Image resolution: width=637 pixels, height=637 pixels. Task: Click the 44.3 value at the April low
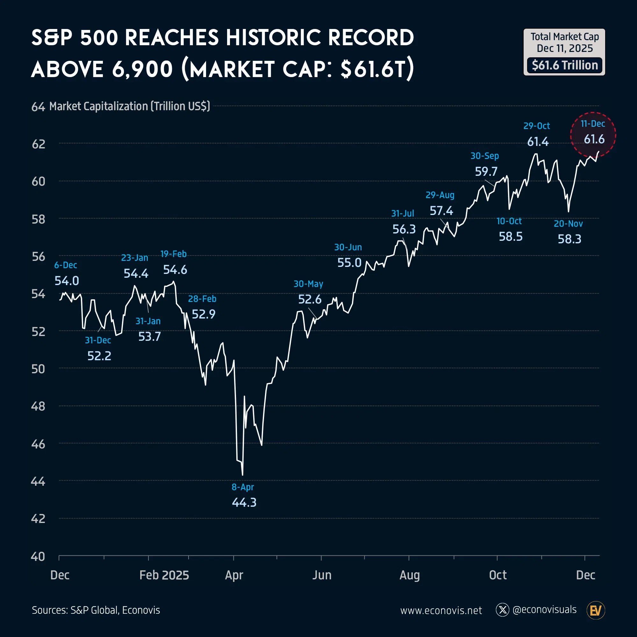[244, 503]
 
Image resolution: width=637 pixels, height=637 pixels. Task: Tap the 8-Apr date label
[243, 487]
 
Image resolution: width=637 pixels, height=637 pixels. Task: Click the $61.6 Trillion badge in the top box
[564, 65]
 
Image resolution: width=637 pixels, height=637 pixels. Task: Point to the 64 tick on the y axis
[38, 107]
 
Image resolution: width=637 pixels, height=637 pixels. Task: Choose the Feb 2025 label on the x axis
[164, 575]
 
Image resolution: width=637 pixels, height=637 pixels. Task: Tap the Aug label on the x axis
[410, 575]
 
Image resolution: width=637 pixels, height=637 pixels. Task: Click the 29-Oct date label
[536, 126]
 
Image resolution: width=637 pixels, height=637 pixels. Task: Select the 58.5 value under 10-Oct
[510, 237]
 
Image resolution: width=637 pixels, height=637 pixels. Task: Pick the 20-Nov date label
[568, 224]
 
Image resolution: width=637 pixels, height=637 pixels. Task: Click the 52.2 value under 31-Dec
[99, 356]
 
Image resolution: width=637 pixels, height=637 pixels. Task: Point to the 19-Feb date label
[174, 254]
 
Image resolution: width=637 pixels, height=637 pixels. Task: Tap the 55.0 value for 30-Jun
[349, 263]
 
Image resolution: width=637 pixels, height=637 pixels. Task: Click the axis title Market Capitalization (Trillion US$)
[130, 106]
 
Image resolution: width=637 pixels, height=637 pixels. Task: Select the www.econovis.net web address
[441, 611]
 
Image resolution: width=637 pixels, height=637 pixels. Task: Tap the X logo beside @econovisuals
[503, 610]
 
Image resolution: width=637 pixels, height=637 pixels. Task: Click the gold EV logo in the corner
[596, 611]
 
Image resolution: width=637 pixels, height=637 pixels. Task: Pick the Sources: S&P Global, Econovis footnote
[96, 610]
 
